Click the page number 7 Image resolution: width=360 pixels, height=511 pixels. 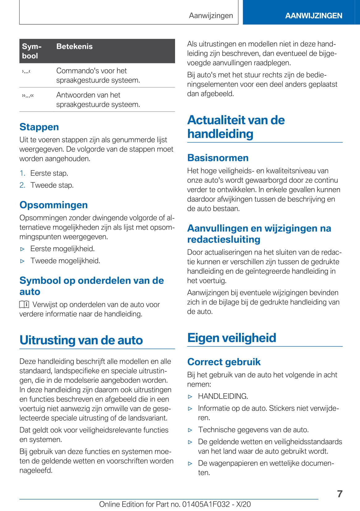pos(340,494)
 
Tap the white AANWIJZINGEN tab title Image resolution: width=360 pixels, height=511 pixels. pos(313,16)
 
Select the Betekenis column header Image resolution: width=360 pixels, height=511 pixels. pos(74,47)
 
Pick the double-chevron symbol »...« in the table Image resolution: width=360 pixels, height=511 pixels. pos(28,96)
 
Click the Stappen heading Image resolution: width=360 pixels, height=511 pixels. pos(39,127)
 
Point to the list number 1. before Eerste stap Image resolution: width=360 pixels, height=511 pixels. pos(22,173)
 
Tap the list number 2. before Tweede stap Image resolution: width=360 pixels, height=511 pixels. pos(22,185)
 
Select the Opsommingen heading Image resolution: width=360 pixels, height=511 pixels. pos(53,205)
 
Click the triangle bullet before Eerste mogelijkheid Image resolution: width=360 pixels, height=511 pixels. pos(22,249)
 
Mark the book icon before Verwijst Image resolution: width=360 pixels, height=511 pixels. pos(24,305)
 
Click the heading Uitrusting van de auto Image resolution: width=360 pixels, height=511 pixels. pos(81,340)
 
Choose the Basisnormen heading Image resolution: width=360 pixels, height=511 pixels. pos(218,158)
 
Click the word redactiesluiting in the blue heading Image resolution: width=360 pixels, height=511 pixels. pos(224,239)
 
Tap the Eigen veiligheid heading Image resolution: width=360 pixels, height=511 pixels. pos(232,338)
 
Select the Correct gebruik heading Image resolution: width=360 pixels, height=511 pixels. pos(224,362)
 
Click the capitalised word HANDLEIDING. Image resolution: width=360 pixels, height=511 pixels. pos(223,396)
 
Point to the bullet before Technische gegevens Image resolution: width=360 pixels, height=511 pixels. pos(190,430)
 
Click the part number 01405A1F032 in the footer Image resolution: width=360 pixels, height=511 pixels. pos(206,505)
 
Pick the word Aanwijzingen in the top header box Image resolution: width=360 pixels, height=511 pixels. pos(211,16)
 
